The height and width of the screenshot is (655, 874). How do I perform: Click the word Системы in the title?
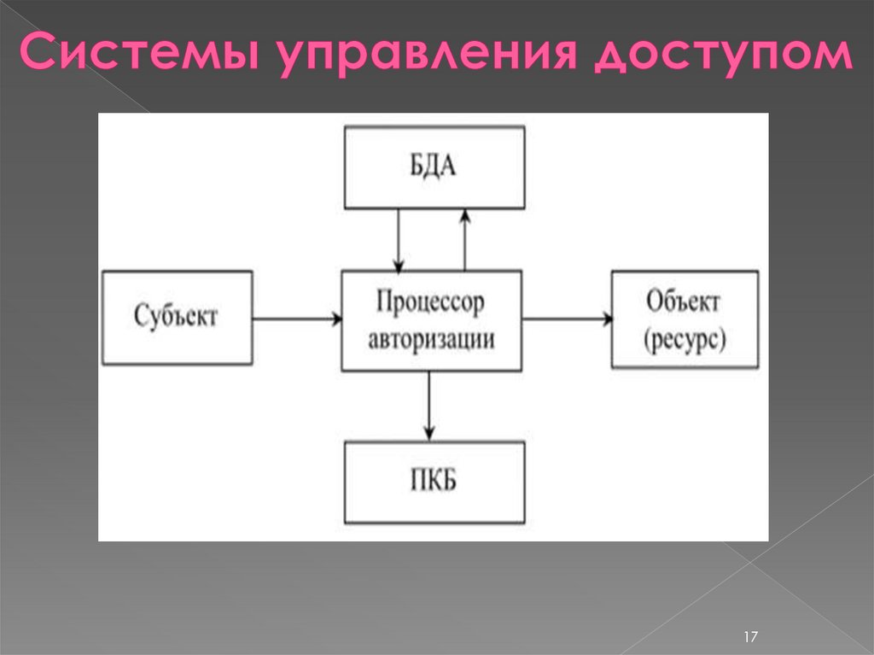click(x=137, y=56)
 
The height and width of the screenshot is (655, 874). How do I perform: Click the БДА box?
click(x=434, y=167)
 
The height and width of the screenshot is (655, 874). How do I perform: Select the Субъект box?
click(x=178, y=318)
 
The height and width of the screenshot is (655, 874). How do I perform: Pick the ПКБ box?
click(x=434, y=482)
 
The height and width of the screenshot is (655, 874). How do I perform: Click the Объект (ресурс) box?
click(x=685, y=319)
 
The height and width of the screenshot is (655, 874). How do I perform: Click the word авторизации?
click(x=432, y=339)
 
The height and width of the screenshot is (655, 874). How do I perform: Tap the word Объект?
click(x=684, y=302)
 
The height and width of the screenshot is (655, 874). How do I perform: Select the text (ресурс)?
click(x=685, y=339)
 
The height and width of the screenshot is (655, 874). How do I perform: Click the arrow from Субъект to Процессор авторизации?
click(x=297, y=319)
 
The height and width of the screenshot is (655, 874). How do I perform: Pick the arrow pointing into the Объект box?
click(x=568, y=319)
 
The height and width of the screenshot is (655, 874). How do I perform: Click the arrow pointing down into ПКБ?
click(x=429, y=405)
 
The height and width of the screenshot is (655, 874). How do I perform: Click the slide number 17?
click(x=751, y=636)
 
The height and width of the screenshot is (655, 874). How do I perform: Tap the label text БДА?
click(x=434, y=167)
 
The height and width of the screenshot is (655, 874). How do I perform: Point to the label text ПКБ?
click(x=434, y=482)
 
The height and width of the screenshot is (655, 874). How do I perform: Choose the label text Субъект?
click(x=177, y=318)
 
